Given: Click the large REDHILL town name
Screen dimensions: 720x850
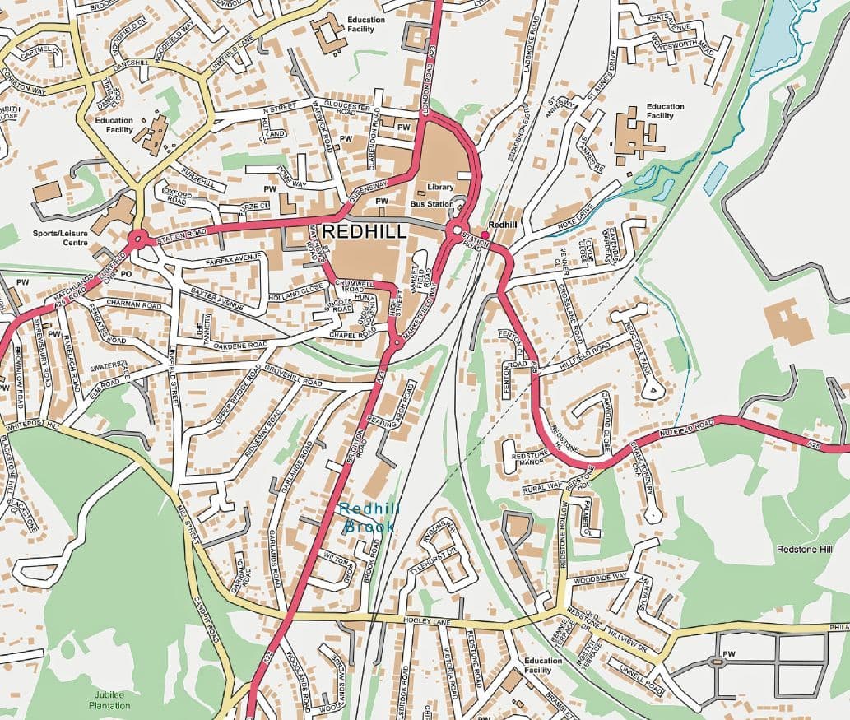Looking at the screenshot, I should pyautogui.click(x=365, y=232).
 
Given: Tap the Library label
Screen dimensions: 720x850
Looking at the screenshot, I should pyautogui.click(x=439, y=188).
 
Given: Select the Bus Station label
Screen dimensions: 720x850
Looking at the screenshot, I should pyautogui.click(x=432, y=203).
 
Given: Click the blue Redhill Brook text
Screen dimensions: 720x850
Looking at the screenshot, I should pyautogui.click(x=368, y=518).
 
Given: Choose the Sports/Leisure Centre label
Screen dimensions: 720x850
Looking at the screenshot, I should pyautogui.click(x=60, y=238).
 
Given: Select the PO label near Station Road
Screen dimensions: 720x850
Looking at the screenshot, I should pyautogui.click(x=126, y=272).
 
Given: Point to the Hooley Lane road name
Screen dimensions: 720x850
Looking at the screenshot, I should pyautogui.click(x=425, y=620).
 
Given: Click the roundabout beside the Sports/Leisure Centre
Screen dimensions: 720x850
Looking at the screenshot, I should pyautogui.click(x=137, y=239).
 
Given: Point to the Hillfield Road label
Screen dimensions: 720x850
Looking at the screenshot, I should pyautogui.click(x=583, y=353).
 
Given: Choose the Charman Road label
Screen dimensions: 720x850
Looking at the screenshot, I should pyautogui.click(x=132, y=304).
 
